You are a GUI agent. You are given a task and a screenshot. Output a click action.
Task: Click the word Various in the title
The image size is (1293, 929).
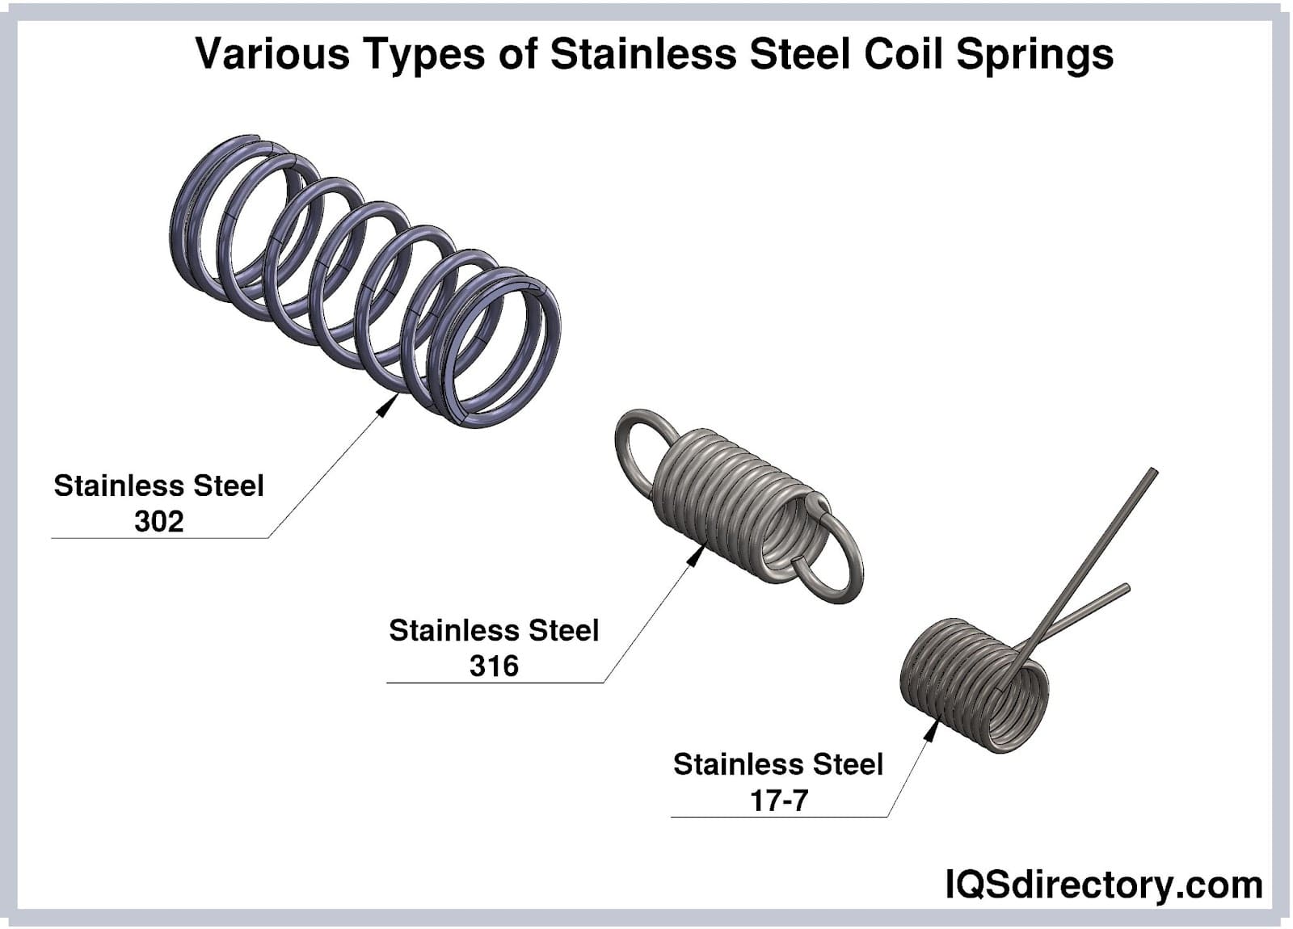pos(272,53)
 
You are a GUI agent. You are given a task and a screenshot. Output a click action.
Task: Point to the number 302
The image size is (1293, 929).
pos(158,522)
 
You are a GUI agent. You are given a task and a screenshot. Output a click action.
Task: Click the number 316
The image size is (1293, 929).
pos(494,666)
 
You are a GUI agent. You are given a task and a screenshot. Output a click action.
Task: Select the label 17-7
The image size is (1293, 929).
pos(778,801)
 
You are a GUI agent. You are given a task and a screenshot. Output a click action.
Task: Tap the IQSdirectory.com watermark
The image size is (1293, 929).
pos(1103,885)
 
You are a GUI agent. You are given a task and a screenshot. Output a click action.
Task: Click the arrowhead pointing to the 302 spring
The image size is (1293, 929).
pos(388,405)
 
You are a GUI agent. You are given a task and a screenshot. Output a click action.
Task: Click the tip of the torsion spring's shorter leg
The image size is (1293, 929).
pos(1127,588)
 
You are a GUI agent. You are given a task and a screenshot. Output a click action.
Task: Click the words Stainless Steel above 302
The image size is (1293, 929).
pos(158,486)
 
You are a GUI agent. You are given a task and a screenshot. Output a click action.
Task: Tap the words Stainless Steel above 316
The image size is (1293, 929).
pos(494,630)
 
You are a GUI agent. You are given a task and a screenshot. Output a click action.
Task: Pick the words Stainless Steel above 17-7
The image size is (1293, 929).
pos(778,764)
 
